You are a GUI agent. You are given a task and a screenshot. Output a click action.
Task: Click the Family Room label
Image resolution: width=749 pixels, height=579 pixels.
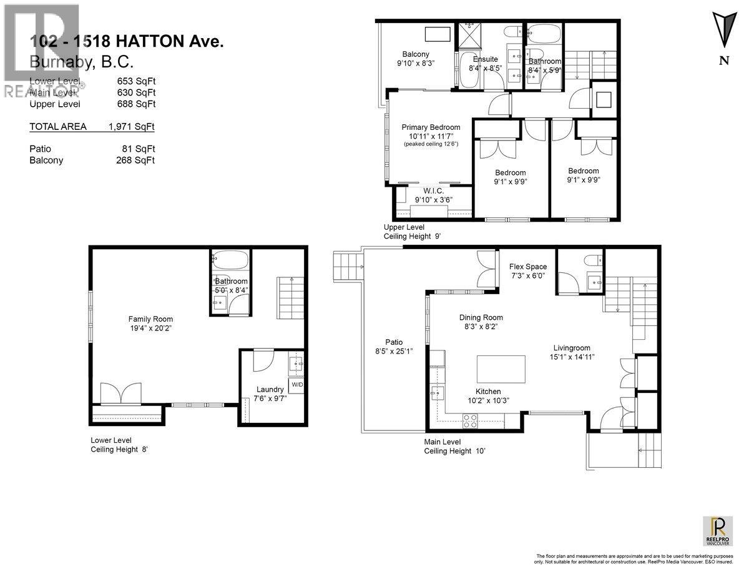coord(150,319)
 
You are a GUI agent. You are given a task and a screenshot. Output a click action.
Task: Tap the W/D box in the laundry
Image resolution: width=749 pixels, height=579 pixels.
coord(296,385)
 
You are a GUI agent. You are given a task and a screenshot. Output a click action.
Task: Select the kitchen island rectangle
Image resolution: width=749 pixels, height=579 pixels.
coord(501,369)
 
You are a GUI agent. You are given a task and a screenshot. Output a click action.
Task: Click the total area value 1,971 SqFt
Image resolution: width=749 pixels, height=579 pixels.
coord(131,127)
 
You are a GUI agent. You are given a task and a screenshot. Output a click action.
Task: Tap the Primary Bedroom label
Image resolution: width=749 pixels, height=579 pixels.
coord(431,127)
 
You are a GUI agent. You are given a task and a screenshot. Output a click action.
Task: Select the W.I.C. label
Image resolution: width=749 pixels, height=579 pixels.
coord(433,191)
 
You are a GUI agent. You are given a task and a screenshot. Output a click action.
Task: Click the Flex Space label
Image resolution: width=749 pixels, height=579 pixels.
coord(527,267)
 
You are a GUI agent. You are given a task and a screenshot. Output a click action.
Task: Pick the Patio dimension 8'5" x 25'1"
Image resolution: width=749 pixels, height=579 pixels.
coord(394,352)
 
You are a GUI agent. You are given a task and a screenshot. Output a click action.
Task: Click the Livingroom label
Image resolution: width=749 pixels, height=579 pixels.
coord(571,348)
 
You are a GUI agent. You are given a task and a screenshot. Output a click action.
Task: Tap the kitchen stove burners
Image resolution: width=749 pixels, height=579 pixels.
coord(470,422)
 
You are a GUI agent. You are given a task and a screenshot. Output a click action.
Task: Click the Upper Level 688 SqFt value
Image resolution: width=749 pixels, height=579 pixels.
coord(136,104)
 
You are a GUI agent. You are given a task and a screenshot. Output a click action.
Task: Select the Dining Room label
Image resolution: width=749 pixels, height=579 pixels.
coord(481,317)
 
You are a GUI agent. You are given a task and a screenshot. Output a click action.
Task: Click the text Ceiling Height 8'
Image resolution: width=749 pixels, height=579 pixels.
coord(119,449)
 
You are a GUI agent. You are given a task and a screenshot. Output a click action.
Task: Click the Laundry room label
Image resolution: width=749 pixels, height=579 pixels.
coord(270,389)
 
